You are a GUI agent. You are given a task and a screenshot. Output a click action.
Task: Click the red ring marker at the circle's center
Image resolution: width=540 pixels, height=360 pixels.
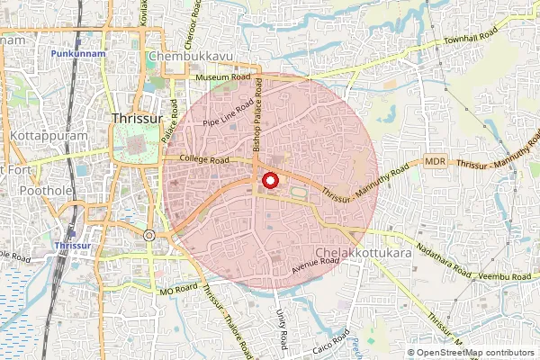269,181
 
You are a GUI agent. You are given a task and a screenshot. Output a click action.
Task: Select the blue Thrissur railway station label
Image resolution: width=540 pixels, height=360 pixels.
70,245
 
